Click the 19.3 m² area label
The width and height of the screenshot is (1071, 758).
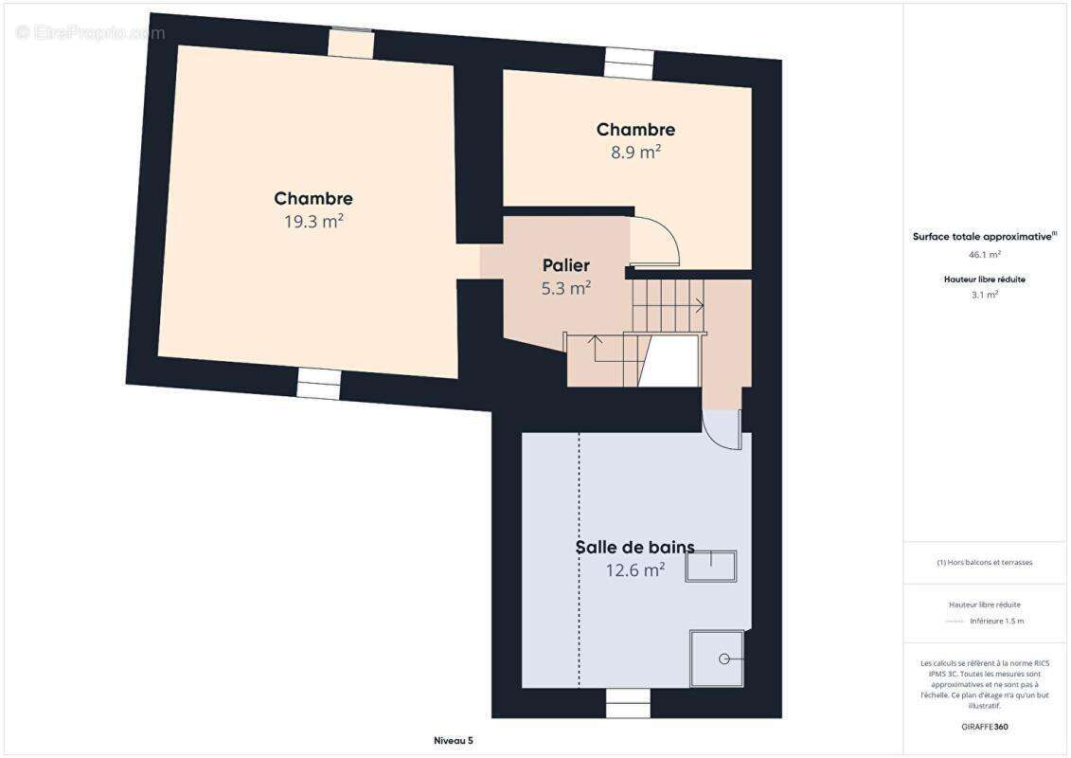(x=313, y=222)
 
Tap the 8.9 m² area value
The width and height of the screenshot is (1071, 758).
(x=634, y=152)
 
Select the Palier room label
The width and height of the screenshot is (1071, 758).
(x=566, y=265)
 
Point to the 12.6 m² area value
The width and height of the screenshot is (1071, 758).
(x=634, y=569)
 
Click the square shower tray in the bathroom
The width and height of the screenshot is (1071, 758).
(x=717, y=658)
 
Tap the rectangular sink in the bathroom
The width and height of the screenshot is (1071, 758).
(x=710, y=566)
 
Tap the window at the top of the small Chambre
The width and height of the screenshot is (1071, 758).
(x=629, y=63)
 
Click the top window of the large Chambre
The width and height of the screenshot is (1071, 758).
(x=351, y=43)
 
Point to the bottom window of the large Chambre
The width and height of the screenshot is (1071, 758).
(x=318, y=383)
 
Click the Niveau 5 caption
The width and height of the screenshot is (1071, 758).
(x=453, y=740)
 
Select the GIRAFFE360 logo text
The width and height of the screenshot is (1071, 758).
(x=985, y=727)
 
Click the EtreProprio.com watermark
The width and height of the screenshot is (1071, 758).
(x=91, y=33)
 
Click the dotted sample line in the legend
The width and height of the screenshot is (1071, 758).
(x=955, y=622)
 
